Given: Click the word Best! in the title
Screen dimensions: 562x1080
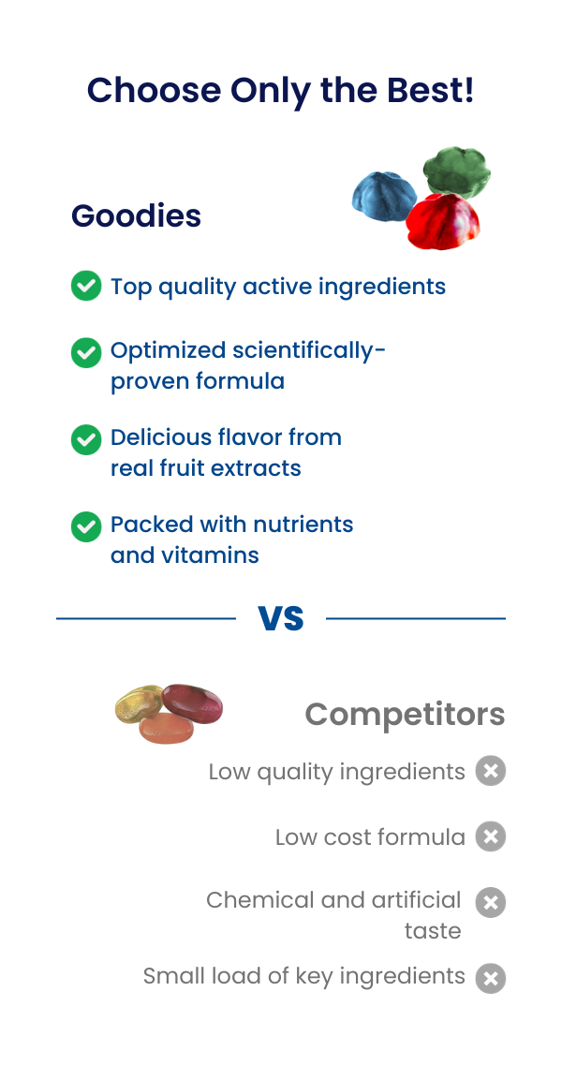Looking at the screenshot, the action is [431, 90].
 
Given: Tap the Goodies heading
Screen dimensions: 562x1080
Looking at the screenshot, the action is [137, 215].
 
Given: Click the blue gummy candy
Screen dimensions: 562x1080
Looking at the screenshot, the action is [384, 197].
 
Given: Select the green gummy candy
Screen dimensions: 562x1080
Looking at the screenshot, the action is [457, 171].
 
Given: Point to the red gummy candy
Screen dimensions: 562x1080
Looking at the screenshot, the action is [443, 221].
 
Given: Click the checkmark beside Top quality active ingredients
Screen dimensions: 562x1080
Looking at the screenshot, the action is [86, 286].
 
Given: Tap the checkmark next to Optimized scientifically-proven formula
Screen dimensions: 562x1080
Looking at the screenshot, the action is [86, 352].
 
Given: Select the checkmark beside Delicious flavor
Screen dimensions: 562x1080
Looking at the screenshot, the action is [86, 439].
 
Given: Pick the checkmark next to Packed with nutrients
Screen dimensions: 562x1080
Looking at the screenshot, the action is [86, 527].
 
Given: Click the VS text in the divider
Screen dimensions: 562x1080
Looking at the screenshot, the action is [281, 618].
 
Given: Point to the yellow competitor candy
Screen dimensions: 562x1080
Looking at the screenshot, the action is [139, 704].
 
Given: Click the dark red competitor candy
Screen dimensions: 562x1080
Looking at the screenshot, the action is [193, 703].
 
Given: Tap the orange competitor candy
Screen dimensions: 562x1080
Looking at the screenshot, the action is [168, 728].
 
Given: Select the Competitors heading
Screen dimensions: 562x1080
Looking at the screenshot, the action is [405, 714].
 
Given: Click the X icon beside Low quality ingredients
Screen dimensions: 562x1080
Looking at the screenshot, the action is [491, 771].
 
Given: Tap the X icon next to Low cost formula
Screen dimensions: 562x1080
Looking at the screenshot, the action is [491, 836].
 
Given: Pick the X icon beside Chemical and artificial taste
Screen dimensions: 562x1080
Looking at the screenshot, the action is [491, 902].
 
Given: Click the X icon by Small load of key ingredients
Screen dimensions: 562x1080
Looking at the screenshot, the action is [491, 978].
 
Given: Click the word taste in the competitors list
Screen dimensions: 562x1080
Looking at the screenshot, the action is [433, 931].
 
